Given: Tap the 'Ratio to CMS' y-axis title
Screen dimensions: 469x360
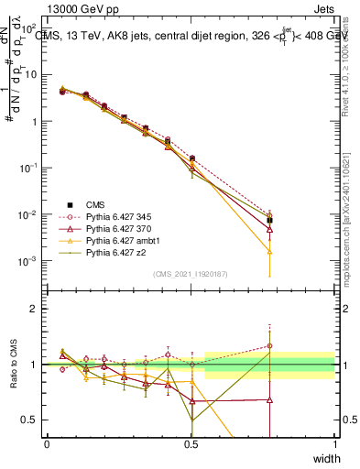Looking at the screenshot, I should [x=13, y=365].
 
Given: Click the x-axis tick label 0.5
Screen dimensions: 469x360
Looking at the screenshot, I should [x=191, y=443].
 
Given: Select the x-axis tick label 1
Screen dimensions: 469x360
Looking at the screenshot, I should [x=334, y=443].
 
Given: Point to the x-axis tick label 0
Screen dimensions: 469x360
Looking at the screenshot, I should [x=47, y=443].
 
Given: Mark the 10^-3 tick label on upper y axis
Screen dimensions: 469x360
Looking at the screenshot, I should [x=29, y=262].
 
